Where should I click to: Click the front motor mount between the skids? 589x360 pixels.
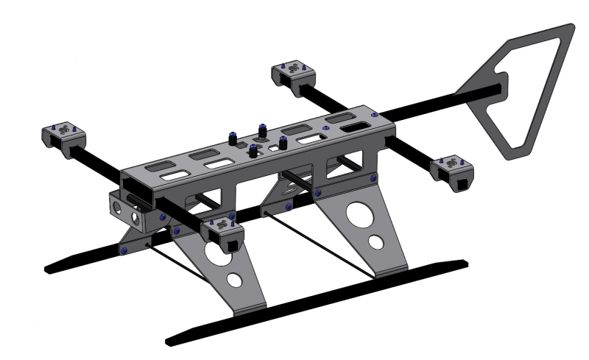pyautogui.click(x=222, y=233)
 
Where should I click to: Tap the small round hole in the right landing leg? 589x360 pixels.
pyautogui.click(x=375, y=242)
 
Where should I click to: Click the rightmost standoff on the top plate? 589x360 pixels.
pyautogui.click(x=283, y=141)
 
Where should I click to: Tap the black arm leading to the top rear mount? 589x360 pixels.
pyautogui.click(x=317, y=99)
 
